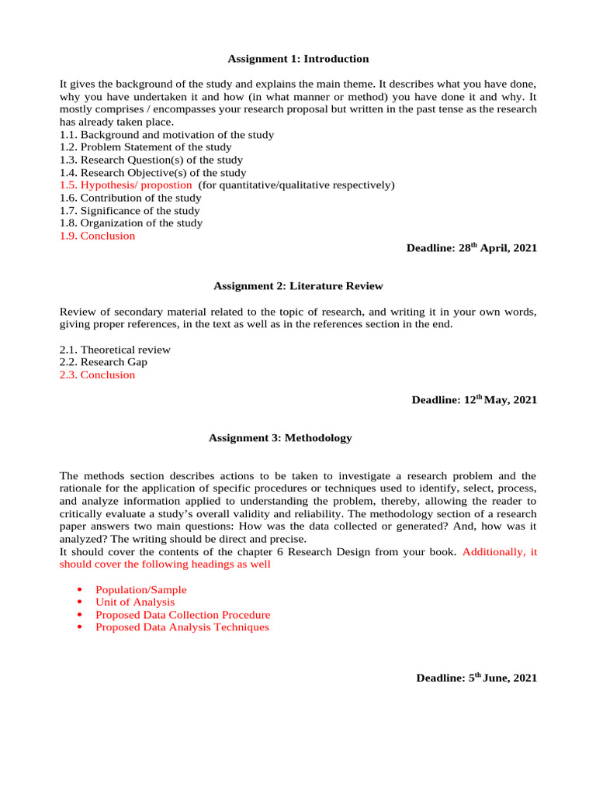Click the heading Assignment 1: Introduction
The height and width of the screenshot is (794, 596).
pyautogui.click(x=298, y=59)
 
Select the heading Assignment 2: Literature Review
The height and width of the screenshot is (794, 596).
pyautogui.click(x=298, y=286)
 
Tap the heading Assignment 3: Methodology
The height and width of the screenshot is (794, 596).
pyautogui.click(x=280, y=438)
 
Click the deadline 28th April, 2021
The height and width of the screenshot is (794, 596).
pyautogui.click(x=471, y=248)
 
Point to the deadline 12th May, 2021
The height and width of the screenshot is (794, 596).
pyautogui.click(x=473, y=400)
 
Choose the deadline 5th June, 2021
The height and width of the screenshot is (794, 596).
pyautogui.click(x=476, y=678)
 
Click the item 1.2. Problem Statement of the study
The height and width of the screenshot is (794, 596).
pyautogui.click(x=145, y=147)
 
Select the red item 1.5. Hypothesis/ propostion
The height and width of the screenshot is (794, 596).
pyautogui.click(x=126, y=185)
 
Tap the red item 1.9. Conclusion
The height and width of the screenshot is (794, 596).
pyautogui.click(x=97, y=236)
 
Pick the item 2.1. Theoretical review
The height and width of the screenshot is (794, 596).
pyautogui.click(x=115, y=350)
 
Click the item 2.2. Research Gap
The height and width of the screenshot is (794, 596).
pyautogui.click(x=103, y=362)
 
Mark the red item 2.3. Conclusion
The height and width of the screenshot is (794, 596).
pyautogui.click(x=97, y=375)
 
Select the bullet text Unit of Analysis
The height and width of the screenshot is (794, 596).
pyautogui.click(x=135, y=602)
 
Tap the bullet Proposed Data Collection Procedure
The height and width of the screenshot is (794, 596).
pyautogui.click(x=182, y=615)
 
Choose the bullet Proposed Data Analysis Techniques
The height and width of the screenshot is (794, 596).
pyautogui.click(x=182, y=627)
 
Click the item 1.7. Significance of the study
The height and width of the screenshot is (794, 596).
pyautogui.click(x=130, y=211)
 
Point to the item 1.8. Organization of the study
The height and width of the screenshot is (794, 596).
pyautogui.click(x=131, y=223)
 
